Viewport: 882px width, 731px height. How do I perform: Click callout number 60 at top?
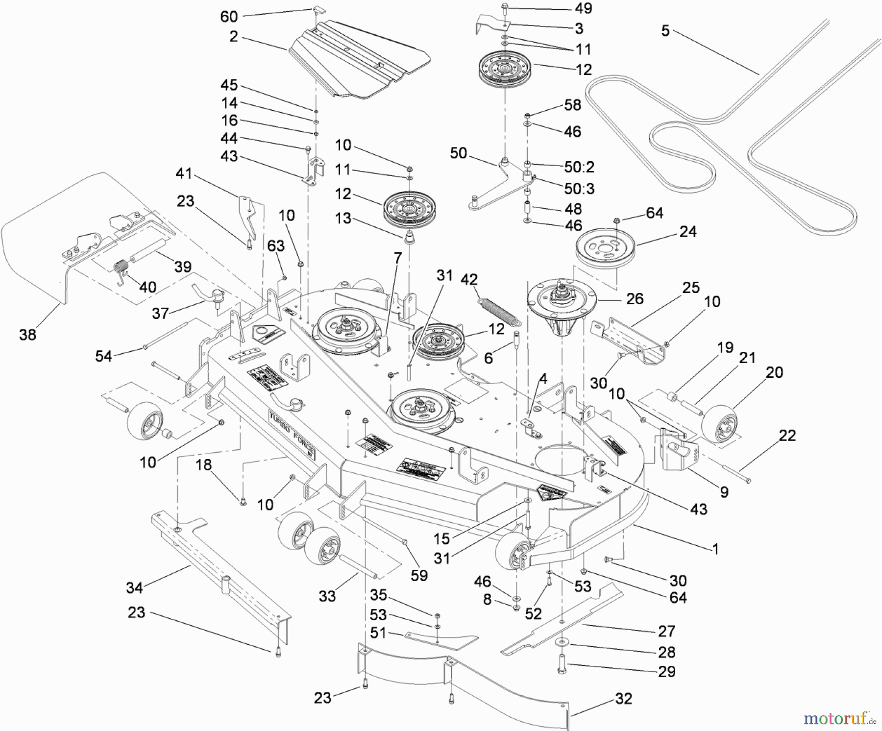[x=229, y=17]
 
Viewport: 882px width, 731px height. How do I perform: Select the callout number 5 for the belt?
[x=665, y=31]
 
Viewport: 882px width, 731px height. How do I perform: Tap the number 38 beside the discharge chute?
[x=27, y=335]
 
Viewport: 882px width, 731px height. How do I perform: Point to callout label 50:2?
[x=579, y=167]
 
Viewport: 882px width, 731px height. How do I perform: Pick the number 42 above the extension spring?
[x=469, y=279]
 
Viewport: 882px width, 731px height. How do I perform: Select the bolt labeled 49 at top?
[x=505, y=8]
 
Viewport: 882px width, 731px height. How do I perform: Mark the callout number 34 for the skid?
[x=134, y=587]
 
